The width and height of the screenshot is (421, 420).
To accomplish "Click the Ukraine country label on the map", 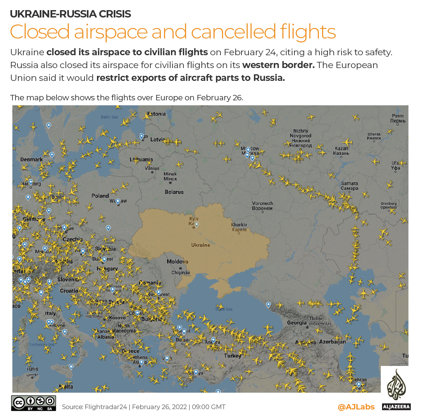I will click(201, 245).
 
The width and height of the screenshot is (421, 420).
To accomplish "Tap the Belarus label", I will click(174, 192).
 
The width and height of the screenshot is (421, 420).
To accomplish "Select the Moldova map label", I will click(177, 262).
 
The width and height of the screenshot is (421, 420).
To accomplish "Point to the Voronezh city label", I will click(262, 206).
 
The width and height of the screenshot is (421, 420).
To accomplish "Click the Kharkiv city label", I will click(239, 227).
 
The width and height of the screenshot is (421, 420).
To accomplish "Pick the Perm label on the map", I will click(398, 118).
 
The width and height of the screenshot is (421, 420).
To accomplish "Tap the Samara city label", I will click(349, 186).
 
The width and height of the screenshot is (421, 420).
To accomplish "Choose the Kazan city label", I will click(341, 151).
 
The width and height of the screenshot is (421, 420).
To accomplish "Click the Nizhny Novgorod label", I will click(300, 138).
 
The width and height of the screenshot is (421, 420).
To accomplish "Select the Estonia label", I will click(156, 114).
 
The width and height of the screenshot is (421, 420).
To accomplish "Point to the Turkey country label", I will click(233, 355).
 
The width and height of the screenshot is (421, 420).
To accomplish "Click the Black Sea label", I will click(224, 309).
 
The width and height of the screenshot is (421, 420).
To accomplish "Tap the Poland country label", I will click(100, 196).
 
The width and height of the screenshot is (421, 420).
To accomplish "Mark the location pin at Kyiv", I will click(197, 224).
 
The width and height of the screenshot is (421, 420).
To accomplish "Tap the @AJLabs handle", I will click(356, 407).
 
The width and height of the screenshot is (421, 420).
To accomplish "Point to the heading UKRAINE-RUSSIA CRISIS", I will click(70, 14).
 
